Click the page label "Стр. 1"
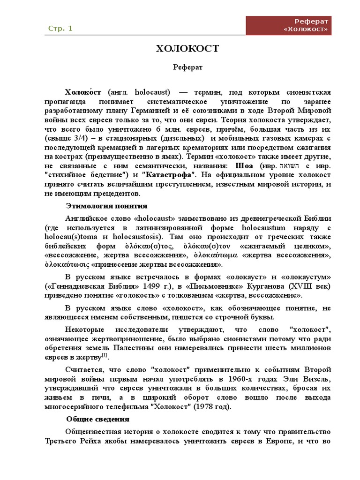click(60, 29)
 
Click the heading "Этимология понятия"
click(107, 206)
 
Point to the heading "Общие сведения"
click(97, 419)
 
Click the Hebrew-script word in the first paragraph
click(291, 166)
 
